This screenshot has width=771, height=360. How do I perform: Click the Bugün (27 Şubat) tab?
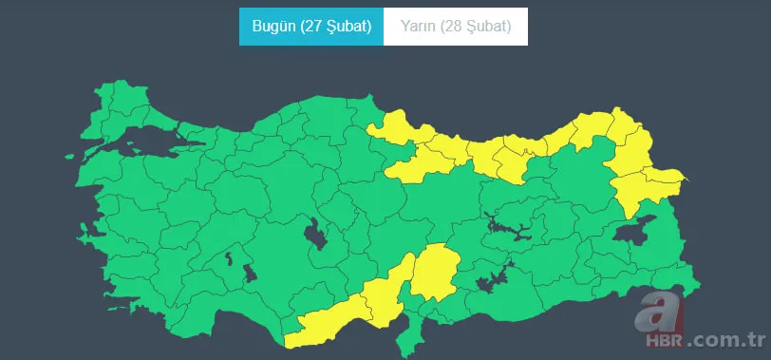pyautogui.click(x=311, y=27)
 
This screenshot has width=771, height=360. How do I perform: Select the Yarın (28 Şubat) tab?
pyautogui.click(x=456, y=27)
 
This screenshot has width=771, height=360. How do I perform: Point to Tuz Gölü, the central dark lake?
pyautogui.click(x=314, y=233)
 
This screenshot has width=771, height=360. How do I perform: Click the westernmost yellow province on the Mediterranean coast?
pyautogui.click(x=323, y=323)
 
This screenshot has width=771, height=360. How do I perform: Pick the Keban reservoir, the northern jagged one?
pyautogui.click(x=500, y=226)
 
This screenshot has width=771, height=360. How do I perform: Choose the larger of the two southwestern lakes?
pyautogui.click(x=250, y=274)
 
